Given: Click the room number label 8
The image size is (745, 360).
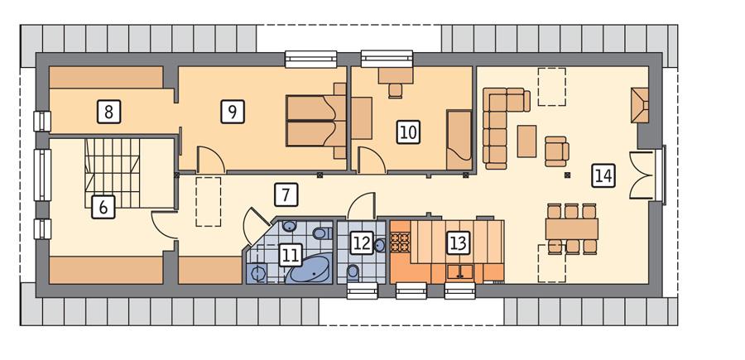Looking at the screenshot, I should tap(109, 110).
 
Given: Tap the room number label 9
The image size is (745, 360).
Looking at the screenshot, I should tap(233, 110).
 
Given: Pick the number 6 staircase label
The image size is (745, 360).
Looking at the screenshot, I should tap(103, 206).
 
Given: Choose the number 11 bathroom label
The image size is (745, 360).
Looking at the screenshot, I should tap(289, 253).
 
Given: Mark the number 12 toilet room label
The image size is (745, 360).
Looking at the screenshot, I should tap(361, 242).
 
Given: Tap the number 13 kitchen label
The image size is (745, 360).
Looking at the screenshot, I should tap(458, 242).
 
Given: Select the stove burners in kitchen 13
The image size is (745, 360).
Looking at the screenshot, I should tap(401, 242).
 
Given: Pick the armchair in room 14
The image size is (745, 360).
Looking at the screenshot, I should tap(557, 150).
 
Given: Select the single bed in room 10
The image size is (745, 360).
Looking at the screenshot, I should tap(458, 134).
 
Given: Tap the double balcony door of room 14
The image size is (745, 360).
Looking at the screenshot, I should tap(644, 175).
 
